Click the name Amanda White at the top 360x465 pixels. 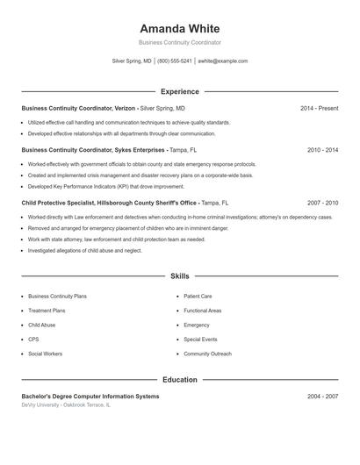tap(180, 28)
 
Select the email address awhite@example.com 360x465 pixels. tap(223, 61)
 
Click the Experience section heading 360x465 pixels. tap(180, 91)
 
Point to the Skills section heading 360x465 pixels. tap(180, 276)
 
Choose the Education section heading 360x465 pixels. tap(180, 380)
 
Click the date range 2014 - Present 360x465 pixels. tap(320, 108)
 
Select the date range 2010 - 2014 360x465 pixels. tap(322, 150)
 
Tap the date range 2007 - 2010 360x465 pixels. tap(322, 203)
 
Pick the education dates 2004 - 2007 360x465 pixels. tap(322, 397)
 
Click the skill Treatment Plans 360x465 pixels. tap(47, 311)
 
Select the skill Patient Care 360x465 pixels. tap(198, 297)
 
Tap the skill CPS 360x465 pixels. tap(33, 339)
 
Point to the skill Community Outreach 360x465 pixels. tap(207, 354)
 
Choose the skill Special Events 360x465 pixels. tap(200, 339)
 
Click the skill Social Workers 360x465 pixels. tap(46, 354)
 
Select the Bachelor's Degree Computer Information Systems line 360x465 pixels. tap(90, 397)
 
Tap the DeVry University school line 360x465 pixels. tap(66, 405)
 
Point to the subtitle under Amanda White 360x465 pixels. tap(180, 42)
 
